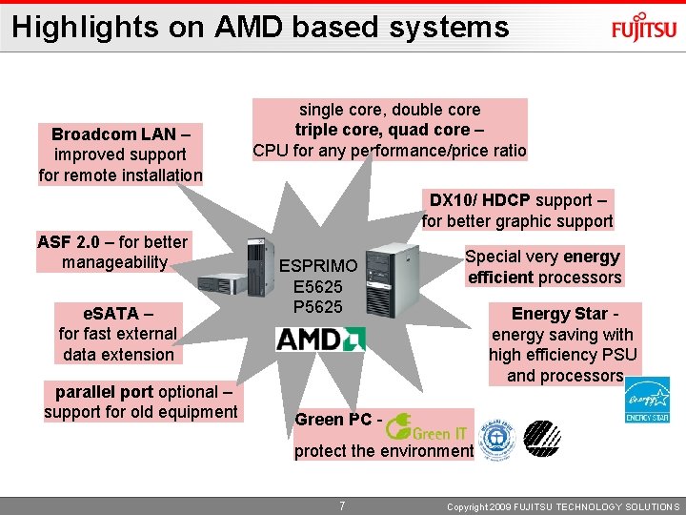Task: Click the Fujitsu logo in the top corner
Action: tap(643, 29)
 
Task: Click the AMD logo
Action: tap(320, 339)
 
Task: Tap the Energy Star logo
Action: tap(647, 400)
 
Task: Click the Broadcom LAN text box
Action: tap(120, 154)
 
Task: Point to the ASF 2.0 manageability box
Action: tap(113, 252)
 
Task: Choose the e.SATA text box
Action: tap(117, 333)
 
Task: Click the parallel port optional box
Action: tap(141, 402)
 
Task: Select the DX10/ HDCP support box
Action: tap(517, 211)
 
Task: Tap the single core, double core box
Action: tap(389, 130)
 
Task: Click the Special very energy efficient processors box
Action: tap(544, 267)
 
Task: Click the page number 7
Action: tap(342, 505)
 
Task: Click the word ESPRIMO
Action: tap(319, 265)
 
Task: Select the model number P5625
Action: tap(317, 306)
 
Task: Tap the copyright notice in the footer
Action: tap(563, 506)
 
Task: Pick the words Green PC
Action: tap(333, 420)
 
